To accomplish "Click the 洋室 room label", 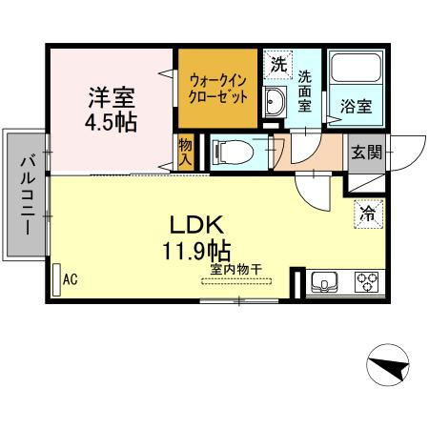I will [112, 97].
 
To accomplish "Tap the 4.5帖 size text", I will [112, 123].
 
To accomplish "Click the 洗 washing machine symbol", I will [277, 66].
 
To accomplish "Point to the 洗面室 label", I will [304, 91].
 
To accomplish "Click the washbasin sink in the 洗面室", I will [276, 101].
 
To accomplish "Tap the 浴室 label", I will [357, 107].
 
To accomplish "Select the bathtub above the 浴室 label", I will [357, 73].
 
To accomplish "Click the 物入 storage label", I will [186, 152].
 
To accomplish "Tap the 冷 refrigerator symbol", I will [367, 214].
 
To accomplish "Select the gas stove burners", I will [366, 281].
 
